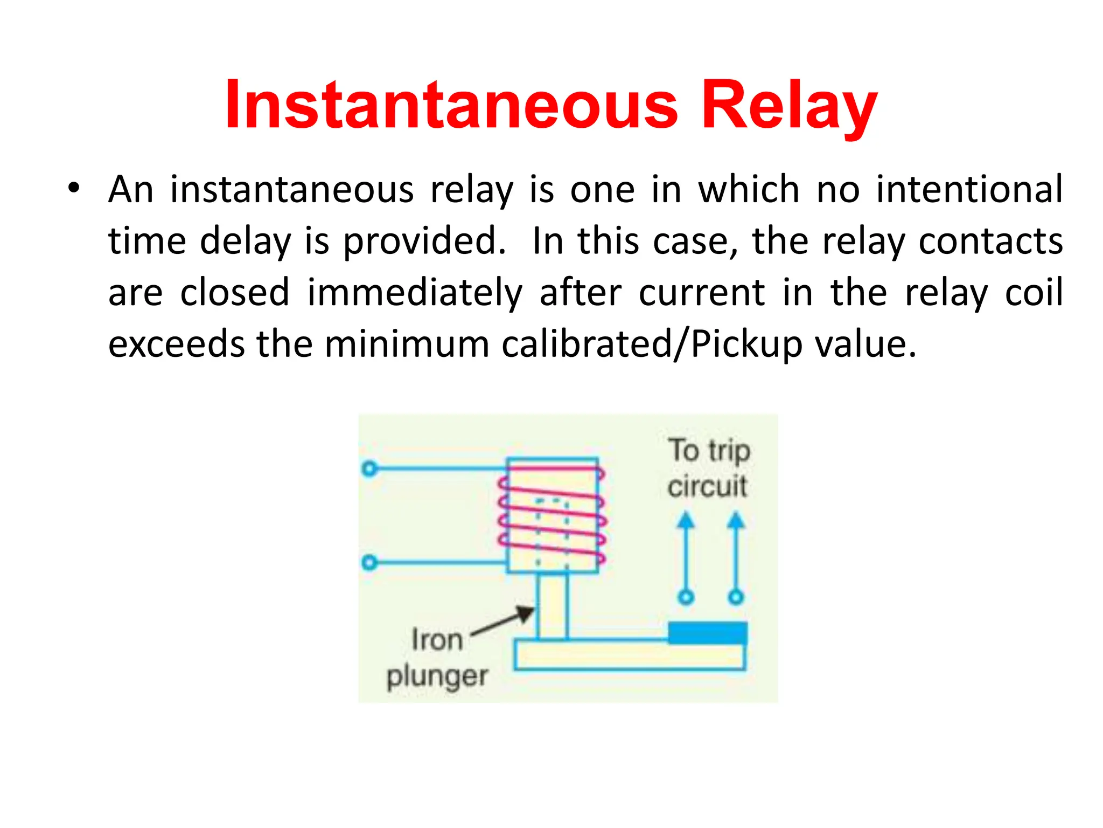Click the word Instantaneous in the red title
pos(451,105)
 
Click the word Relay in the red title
pos(790,106)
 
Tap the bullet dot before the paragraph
pos(74,188)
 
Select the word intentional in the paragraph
pos(969,189)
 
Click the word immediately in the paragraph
pos(415,293)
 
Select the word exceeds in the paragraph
pos(177,344)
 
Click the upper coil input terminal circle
pos(369,468)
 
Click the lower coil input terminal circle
pos(369,563)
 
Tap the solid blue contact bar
pos(707,633)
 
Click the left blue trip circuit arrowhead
pos(686,521)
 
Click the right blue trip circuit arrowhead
pos(736,521)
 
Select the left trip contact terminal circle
pos(686,597)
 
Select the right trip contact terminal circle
pos(736,597)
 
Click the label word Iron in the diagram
pos(437,640)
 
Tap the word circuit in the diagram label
pos(707,486)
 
